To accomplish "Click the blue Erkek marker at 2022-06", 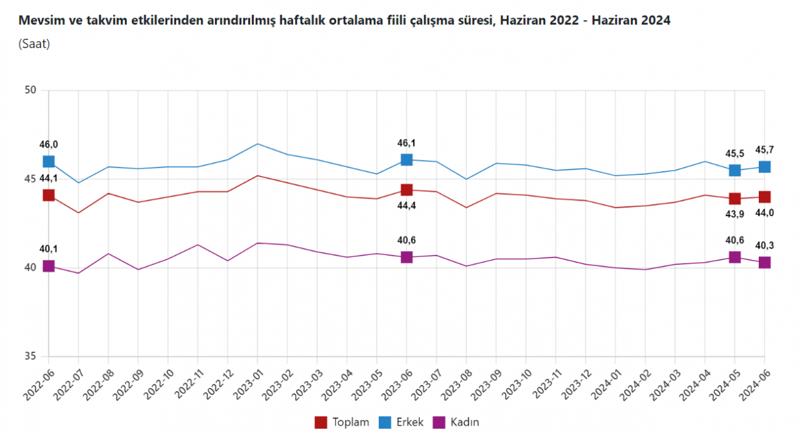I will [48, 162].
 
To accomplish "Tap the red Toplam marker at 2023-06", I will [406, 190].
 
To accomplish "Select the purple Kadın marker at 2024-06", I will [764, 262].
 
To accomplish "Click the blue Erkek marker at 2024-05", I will [735, 170].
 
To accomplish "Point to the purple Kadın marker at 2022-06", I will [48, 267].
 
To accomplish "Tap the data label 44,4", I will [408, 206].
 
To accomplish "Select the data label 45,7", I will [766, 150].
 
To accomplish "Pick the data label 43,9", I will [735, 214].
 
